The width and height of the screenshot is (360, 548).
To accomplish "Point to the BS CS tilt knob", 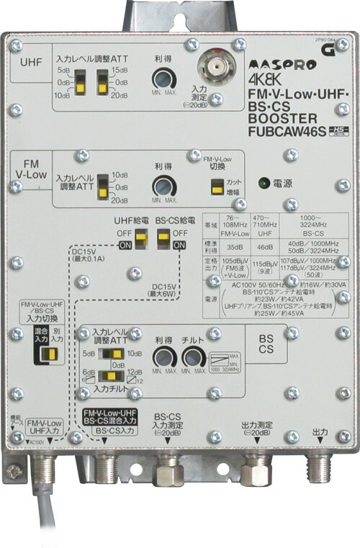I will (x=192, y=358).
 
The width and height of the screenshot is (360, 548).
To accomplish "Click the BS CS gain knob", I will (x=163, y=358).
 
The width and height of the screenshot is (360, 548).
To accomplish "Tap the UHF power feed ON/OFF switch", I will (x=142, y=237).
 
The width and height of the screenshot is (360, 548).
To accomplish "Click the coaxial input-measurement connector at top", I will (x=212, y=71).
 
